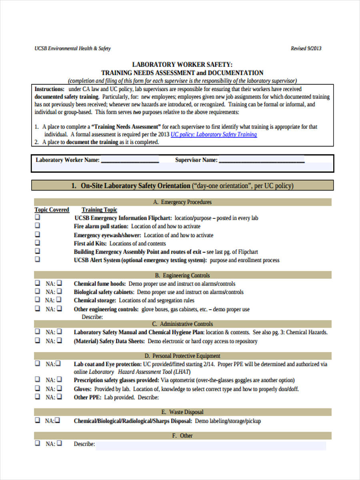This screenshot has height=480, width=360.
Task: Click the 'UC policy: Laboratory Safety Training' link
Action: pyautogui.click(x=214, y=135)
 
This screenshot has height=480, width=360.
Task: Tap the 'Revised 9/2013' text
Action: pyautogui.click(x=306, y=49)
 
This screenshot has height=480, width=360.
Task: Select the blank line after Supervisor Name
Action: pyautogui.click(x=262, y=160)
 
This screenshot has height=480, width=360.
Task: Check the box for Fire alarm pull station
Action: pyautogui.click(x=38, y=226)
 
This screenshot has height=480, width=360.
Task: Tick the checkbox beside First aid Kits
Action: pyautogui.click(x=38, y=243)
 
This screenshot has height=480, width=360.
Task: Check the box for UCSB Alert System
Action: pyautogui.click(x=38, y=260)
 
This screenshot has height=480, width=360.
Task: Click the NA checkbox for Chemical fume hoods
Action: pyautogui.click(x=59, y=283)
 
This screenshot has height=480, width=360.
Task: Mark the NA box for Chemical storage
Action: pyautogui.click(x=59, y=300)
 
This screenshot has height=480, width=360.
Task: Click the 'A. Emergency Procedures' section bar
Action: pyautogui.click(x=182, y=202)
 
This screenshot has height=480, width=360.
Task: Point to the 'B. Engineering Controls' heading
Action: pyautogui.click(x=182, y=275)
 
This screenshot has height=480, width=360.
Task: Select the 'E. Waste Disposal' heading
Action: pyautogui.click(x=182, y=412)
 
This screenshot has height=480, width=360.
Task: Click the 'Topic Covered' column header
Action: pyautogui.click(x=52, y=210)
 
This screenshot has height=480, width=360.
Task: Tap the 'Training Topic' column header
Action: pyautogui.click(x=100, y=210)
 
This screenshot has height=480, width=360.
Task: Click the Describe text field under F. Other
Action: pyautogui.click(x=210, y=445)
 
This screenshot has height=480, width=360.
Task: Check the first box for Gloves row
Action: pyautogui.click(x=38, y=388)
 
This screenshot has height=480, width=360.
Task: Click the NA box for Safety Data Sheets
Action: pyautogui.click(x=59, y=341)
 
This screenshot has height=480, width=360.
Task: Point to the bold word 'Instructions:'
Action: pyautogui.click(x=49, y=89)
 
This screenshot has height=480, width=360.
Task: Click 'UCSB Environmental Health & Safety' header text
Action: pyautogui.click(x=72, y=49)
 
